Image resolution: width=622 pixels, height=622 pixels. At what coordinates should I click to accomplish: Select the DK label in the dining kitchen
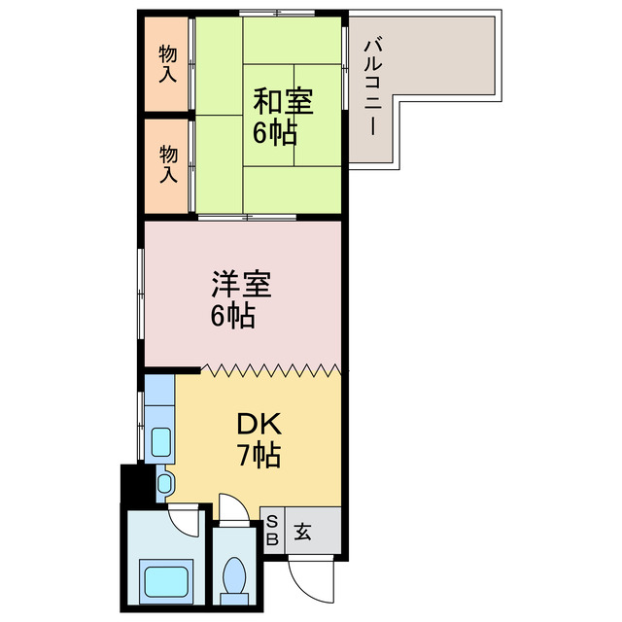click(x=258, y=424)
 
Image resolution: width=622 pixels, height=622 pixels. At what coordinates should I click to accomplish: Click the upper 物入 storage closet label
click(x=168, y=64)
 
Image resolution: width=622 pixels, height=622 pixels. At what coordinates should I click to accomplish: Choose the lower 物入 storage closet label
click(x=168, y=164)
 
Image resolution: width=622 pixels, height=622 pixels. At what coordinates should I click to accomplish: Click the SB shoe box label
click(x=272, y=531)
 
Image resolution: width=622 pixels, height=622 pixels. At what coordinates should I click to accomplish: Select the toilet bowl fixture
click(x=233, y=580)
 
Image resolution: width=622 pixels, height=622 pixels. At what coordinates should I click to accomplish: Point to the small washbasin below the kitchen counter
click(x=163, y=483)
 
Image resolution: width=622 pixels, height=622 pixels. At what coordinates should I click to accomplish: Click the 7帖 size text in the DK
click(x=259, y=454)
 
